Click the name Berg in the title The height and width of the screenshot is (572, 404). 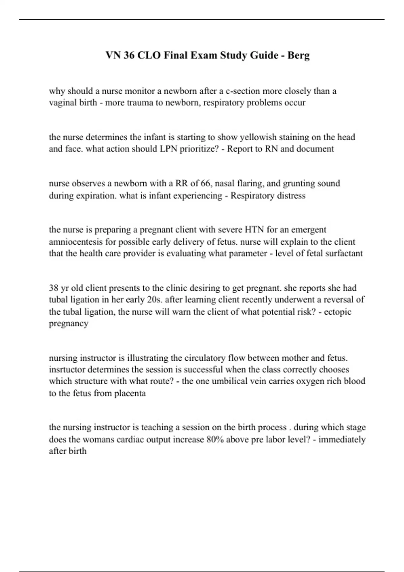click(x=298, y=55)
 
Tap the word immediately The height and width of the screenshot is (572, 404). click(x=342, y=439)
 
